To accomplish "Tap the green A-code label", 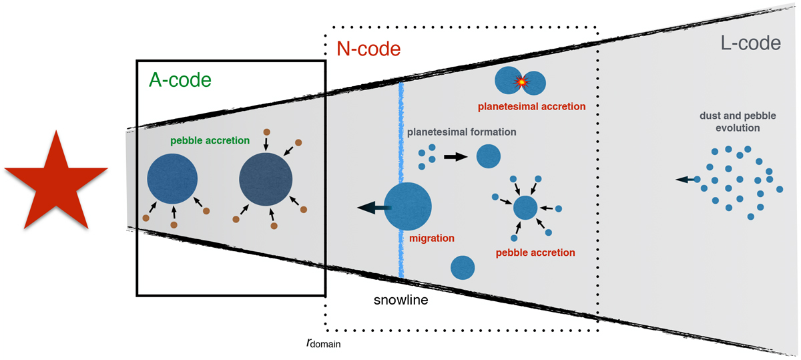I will (x=178, y=81).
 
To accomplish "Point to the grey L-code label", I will (x=750, y=44).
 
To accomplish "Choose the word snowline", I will (x=400, y=301).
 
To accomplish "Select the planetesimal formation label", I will (x=462, y=132).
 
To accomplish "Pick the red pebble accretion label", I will (x=535, y=252).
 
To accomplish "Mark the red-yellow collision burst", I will (x=519, y=82).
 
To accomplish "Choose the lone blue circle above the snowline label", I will (x=463, y=267).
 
